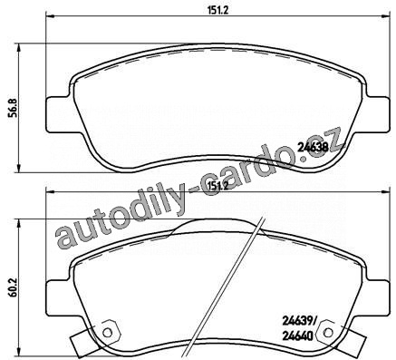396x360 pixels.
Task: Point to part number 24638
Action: coord(314,147)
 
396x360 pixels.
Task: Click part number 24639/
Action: coord(299,323)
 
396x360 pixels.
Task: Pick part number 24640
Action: coord(297,336)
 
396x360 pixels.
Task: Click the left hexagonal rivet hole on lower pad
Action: coord(108,333)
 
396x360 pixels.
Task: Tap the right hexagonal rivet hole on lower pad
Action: coord(326,333)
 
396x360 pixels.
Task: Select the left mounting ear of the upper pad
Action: coord(59,114)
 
